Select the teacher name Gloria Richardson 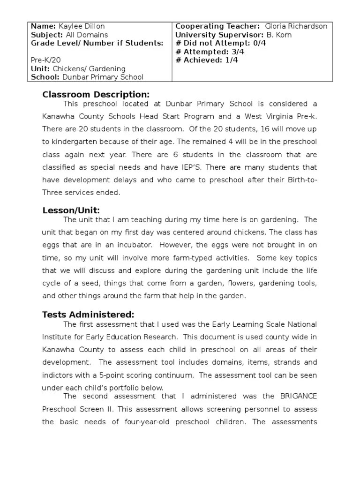pyautogui.click(x=296, y=26)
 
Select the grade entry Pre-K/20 pyautogui.click(x=46, y=60)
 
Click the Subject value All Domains pyautogui.click(x=86, y=35)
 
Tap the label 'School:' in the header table pyautogui.click(x=45, y=77)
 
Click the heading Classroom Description pyautogui.click(x=96, y=95)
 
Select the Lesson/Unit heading pyautogui.click(x=71, y=210)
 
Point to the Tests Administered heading pyautogui.click(x=88, y=314)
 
